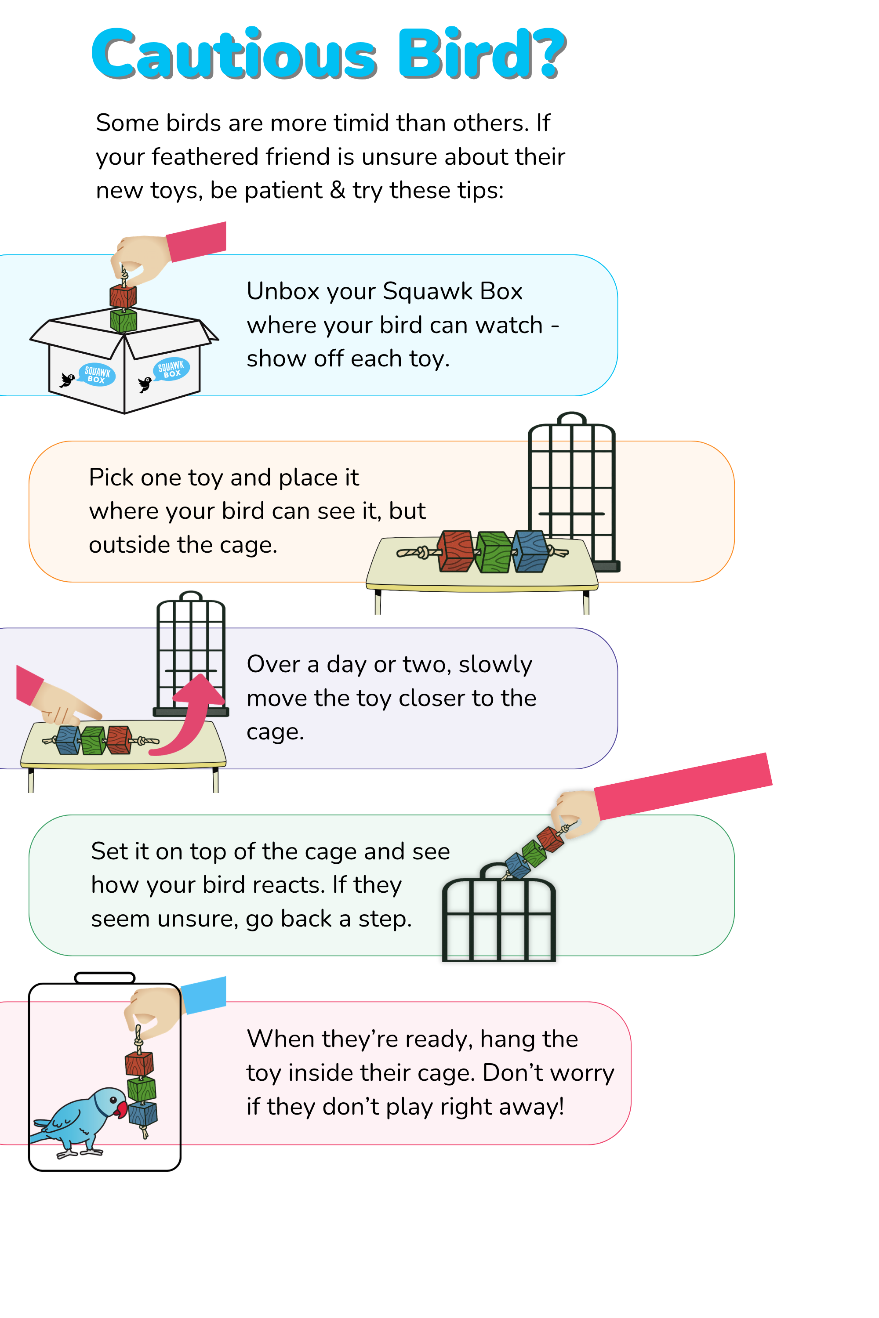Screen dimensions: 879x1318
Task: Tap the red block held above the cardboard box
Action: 123,297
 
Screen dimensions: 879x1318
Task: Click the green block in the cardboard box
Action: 123,321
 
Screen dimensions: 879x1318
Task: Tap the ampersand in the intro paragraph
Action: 338,191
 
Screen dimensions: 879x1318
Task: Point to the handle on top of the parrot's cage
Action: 105,978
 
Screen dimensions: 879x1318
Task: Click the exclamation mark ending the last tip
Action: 560,1107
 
